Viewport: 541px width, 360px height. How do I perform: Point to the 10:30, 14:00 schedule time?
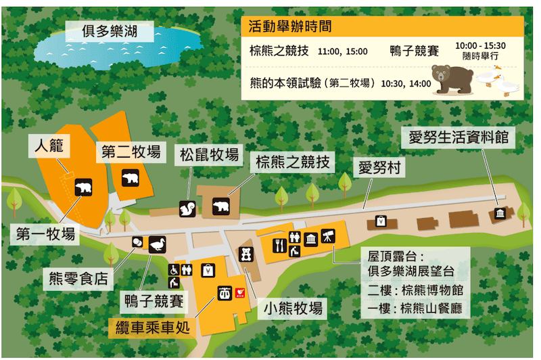(406, 84)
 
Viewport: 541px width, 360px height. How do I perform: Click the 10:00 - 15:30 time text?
(479, 45)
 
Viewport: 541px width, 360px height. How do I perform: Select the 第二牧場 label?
(132, 150)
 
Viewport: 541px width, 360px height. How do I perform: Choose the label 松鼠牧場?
(209, 155)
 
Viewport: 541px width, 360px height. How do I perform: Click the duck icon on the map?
(158, 244)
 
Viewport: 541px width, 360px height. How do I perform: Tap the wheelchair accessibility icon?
(174, 269)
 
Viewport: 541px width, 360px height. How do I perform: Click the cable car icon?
(223, 294)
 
